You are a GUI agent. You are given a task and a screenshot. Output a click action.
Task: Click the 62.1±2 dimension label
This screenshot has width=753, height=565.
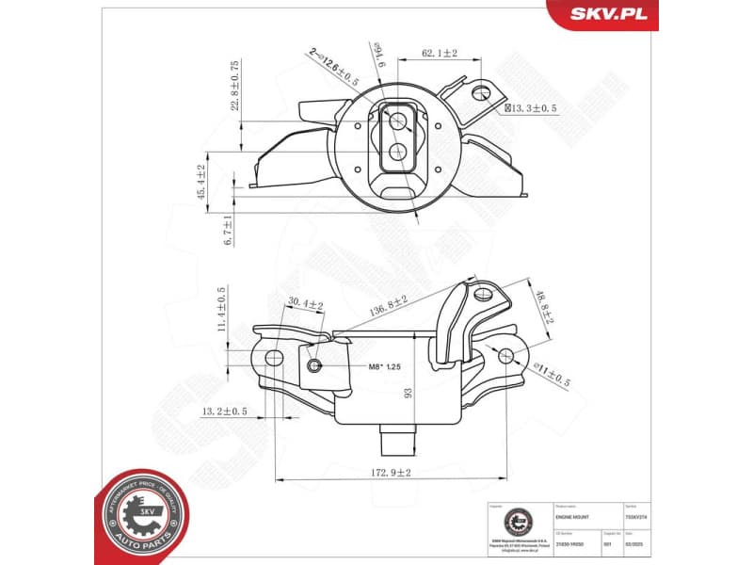point(439,54)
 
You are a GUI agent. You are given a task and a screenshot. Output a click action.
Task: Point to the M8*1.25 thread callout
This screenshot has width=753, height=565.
point(360,365)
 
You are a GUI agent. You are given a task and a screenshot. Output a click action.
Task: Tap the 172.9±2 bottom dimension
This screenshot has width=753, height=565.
point(390,471)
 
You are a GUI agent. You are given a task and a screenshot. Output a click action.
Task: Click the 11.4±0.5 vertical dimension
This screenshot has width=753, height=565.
point(223,310)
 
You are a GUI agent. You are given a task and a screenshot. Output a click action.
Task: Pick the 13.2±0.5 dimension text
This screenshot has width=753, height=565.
point(224,412)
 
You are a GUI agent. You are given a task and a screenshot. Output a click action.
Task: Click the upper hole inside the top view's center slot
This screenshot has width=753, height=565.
point(398,120)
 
